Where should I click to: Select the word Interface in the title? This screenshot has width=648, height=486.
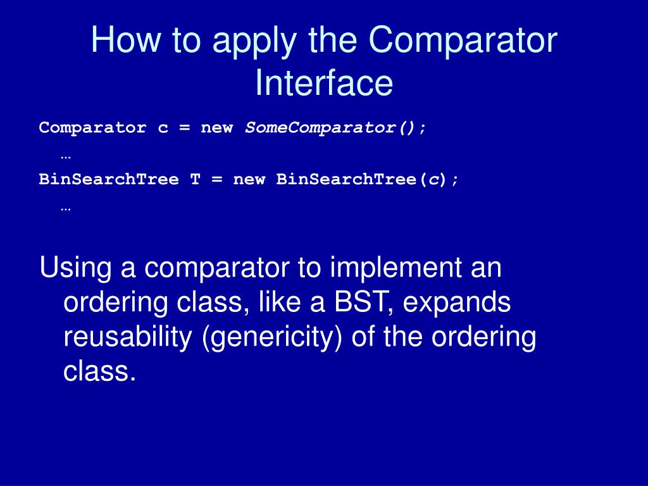(x=324, y=84)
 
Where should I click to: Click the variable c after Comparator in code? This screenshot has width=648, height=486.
(x=163, y=128)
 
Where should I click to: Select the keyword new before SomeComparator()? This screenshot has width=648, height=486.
(x=216, y=128)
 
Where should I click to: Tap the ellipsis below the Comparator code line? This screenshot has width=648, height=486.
(x=66, y=154)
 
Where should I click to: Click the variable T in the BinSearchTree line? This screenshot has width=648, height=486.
(x=195, y=180)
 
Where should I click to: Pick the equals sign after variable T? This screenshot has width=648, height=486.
(x=216, y=180)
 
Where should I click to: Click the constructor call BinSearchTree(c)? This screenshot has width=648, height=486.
(x=368, y=180)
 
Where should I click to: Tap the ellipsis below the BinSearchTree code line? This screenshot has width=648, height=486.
(x=66, y=206)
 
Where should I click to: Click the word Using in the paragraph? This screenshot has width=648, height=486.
(x=75, y=268)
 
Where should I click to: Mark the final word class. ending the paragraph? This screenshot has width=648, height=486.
(x=99, y=371)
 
